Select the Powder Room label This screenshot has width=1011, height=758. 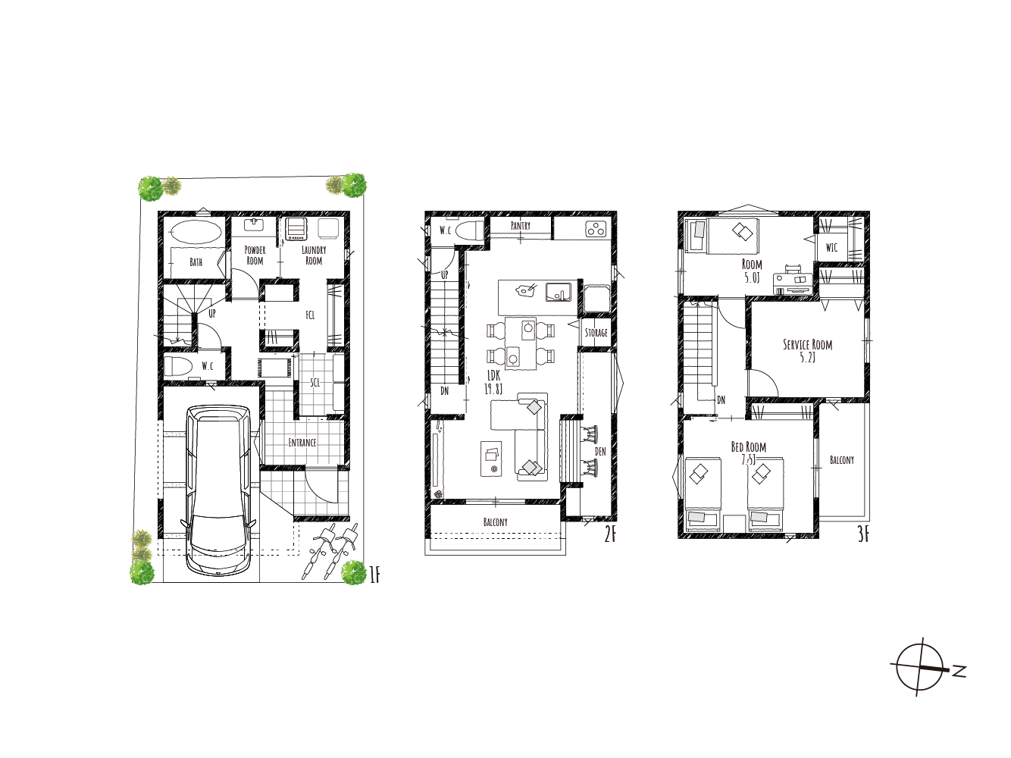click(255, 255)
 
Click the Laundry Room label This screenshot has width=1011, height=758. click(314, 255)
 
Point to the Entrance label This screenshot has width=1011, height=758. click(302, 443)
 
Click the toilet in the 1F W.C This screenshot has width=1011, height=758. click(179, 366)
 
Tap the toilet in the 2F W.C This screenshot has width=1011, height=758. click(469, 230)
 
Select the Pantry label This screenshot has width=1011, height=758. click(521, 226)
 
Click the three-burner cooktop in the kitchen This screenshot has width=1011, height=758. click(596, 229)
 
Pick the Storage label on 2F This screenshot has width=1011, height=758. click(596, 332)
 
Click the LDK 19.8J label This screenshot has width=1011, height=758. click(493, 383)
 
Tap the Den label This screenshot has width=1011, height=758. click(600, 451)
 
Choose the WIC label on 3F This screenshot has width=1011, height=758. click(831, 248)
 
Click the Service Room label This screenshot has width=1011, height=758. click(807, 351)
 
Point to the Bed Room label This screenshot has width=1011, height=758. click(749, 453)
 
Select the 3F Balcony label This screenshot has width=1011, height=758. click(842, 459)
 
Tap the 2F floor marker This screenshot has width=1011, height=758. click(610, 535)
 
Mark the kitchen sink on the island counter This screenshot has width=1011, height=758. click(559, 292)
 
